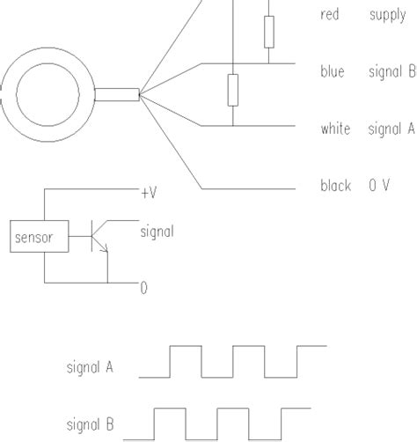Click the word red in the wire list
(330, 15)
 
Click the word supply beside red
(387, 15)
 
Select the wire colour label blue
(333, 72)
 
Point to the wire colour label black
(336, 187)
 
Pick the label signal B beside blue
(391, 72)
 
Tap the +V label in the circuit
(149, 192)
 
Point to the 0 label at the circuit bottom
(143, 287)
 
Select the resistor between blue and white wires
(233, 90)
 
